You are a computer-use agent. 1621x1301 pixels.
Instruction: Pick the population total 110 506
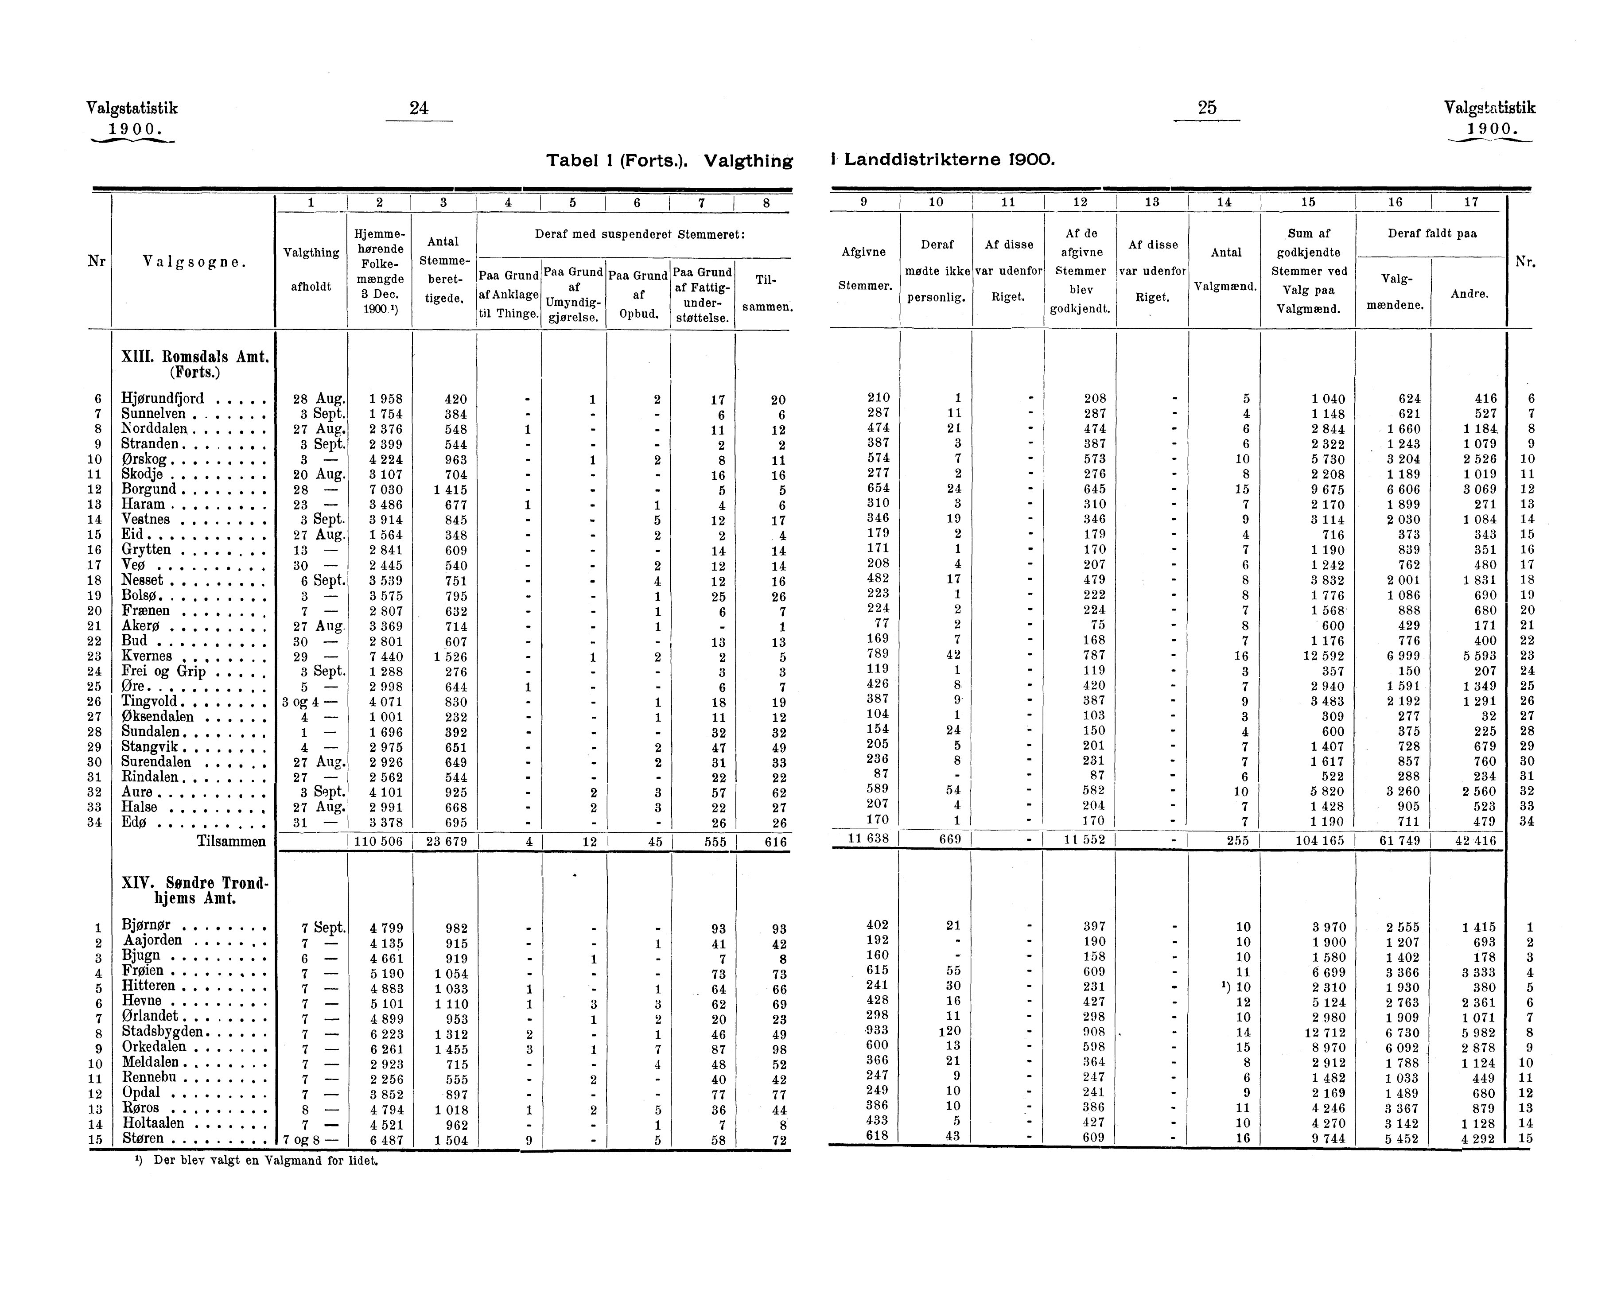pyautogui.click(x=380, y=842)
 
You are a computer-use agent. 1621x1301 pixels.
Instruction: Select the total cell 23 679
pyautogui.click(x=446, y=842)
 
